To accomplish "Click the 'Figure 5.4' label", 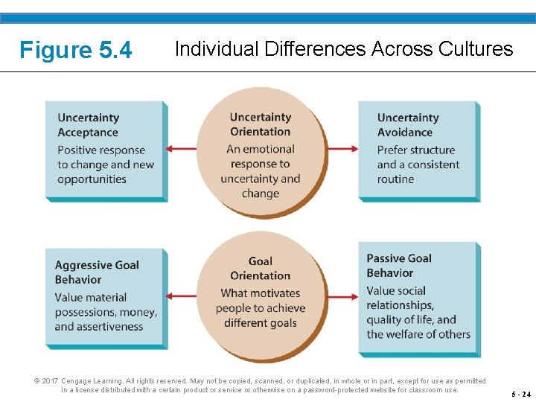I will click(75, 51).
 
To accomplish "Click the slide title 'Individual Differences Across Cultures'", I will click(343, 49).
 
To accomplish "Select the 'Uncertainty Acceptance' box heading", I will click(88, 125).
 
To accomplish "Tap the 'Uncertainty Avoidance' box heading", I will click(407, 125).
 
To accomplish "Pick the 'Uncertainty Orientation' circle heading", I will click(260, 124).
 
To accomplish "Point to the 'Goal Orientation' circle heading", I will click(260, 269).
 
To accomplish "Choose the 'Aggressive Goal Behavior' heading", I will click(96, 272).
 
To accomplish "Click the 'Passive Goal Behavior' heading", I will click(398, 265).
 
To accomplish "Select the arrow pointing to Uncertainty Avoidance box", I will click(342, 149).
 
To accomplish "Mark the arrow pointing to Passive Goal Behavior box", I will click(342, 297).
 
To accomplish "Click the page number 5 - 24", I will click(521, 395).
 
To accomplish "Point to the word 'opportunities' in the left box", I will click(92, 179).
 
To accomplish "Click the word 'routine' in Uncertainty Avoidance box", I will click(395, 179).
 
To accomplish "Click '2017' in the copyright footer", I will click(49, 380).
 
